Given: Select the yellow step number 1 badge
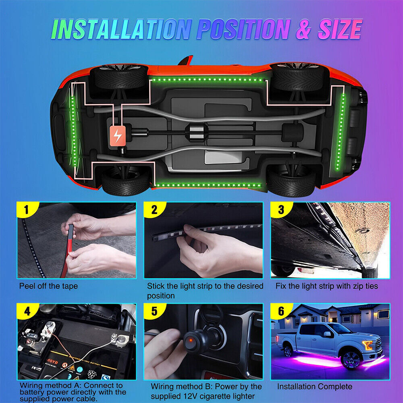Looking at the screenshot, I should click(26, 210).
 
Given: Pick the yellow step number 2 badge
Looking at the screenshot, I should click(154, 210).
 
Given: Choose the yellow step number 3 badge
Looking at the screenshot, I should click(280, 210).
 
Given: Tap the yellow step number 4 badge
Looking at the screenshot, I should click(26, 311).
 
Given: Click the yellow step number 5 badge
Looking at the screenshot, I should click(154, 311).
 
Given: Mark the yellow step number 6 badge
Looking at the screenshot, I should click(280, 311).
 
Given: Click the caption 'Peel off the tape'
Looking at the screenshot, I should click(48, 286).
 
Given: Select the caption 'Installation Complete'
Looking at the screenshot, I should click(314, 386).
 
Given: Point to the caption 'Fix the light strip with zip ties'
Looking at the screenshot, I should click(326, 286).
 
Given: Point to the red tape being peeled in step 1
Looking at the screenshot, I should click(66, 254).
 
